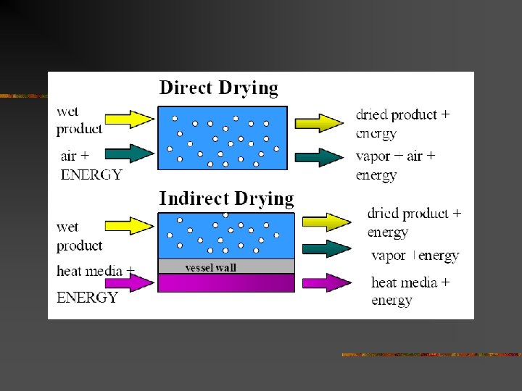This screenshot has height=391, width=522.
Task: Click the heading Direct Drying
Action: pos(218,88)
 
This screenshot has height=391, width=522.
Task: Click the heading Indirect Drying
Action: pos(226,198)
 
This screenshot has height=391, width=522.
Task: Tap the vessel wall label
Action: pos(211,267)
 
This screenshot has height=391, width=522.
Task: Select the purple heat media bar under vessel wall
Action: pos(226,282)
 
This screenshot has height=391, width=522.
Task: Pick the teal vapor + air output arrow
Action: pos(320,157)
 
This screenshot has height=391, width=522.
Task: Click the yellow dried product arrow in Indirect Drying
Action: pos(326,220)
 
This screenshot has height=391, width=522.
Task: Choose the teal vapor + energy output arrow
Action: pos(326,248)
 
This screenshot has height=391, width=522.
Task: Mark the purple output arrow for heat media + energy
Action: pos(326,282)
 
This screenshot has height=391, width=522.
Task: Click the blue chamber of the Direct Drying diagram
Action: pos(223,138)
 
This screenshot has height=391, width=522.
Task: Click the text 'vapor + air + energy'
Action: pos(395,165)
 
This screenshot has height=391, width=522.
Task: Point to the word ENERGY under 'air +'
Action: pos(91,175)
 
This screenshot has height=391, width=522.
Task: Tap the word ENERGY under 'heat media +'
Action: pos(87,297)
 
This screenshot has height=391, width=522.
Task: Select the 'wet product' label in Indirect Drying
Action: pos(79,237)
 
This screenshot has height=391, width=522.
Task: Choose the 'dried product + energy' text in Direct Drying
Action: pos(402,124)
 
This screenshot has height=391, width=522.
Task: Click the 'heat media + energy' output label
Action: pos(410,290)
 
